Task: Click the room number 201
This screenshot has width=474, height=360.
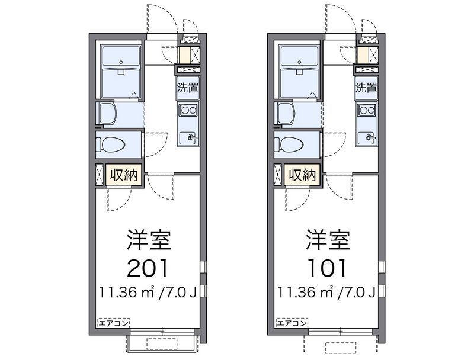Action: point(147,268)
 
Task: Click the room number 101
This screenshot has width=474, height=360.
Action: point(326,268)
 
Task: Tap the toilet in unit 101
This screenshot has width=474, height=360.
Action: point(289,144)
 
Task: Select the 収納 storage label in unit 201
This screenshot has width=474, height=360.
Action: point(123,175)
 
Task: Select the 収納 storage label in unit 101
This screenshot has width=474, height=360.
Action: point(302,175)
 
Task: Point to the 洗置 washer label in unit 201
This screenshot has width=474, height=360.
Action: point(188,88)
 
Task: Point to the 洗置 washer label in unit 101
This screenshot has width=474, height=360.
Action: point(366,88)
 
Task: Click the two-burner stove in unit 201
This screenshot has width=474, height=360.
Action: point(188,110)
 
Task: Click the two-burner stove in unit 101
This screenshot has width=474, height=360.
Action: point(366,110)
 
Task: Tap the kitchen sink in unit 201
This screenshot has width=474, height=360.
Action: point(188,138)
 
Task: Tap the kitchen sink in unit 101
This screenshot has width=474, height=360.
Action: point(366,138)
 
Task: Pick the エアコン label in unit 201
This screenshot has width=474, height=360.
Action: point(114,323)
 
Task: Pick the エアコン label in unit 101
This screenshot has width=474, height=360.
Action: point(292,323)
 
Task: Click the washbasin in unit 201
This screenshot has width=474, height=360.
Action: point(107,114)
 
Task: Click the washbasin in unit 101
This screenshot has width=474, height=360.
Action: point(286,114)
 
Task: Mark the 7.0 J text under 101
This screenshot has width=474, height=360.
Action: point(358,292)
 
